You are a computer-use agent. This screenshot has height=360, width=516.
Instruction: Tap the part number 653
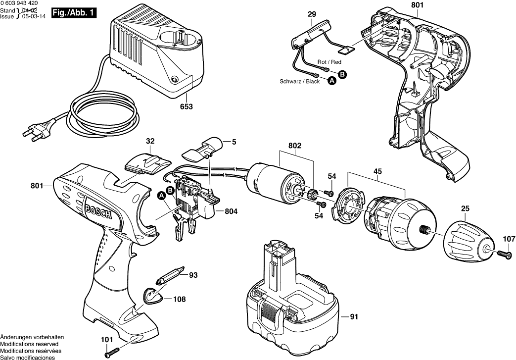[x=187, y=107]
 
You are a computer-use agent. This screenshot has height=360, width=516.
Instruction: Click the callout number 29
[x=311, y=15]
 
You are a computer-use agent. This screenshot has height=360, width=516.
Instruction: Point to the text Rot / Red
[x=329, y=62]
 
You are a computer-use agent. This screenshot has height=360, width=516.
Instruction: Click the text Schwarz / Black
[x=300, y=82]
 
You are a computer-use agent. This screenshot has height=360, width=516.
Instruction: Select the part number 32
[x=150, y=142]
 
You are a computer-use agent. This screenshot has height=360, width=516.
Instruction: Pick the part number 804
[x=231, y=211]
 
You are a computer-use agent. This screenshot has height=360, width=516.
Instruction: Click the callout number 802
[x=295, y=147]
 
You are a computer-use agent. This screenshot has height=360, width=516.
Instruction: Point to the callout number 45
[x=377, y=172]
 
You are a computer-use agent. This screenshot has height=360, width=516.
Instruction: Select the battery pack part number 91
[x=354, y=316]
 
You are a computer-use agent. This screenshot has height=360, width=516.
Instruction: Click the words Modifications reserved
[x=29, y=344]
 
